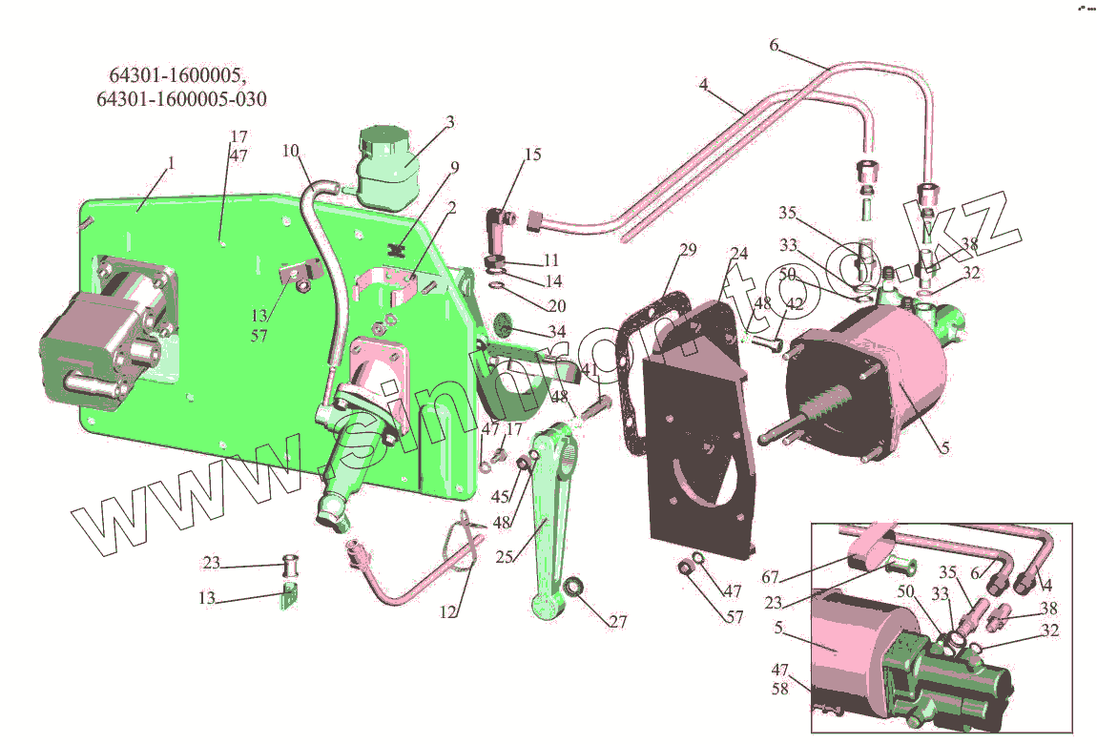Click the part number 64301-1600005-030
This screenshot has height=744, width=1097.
click(181, 98)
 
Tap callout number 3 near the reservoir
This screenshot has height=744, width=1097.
click(450, 122)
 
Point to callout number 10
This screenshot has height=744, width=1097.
click(290, 151)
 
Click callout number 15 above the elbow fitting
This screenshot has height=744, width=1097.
click(532, 154)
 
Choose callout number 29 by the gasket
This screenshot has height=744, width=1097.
click(688, 250)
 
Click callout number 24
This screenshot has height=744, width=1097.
click(738, 253)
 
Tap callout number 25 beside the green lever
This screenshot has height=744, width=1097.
click(505, 557)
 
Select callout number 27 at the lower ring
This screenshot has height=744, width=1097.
click(618, 621)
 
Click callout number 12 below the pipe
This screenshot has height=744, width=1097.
click(447, 612)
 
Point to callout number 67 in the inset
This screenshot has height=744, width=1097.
click(770, 577)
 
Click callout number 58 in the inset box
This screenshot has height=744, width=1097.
click(780, 689)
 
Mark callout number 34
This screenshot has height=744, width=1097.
click(557, 331)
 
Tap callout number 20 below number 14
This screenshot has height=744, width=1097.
click(557, 305)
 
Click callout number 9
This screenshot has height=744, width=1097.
click(455, 167)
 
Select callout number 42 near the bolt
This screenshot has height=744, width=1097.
click(795, 303)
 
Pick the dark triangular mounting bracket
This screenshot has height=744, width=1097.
click(699, 426)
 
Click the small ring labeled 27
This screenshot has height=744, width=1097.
click(573, 586)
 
